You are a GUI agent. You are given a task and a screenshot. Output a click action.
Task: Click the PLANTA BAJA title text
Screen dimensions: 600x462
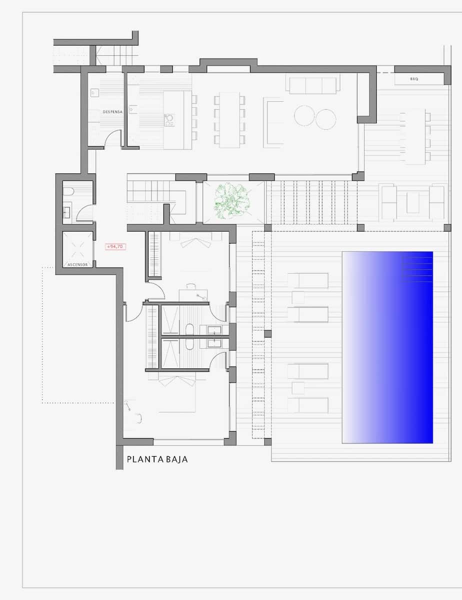click(157, 459)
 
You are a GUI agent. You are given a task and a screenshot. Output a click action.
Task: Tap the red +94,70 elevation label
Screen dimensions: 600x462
click(115, 246)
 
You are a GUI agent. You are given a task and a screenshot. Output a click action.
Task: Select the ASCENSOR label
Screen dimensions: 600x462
click(77, 264)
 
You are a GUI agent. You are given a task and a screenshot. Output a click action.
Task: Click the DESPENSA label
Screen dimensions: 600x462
click(112, 112)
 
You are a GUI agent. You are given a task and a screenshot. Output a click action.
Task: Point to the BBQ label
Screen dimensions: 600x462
click(414, 79)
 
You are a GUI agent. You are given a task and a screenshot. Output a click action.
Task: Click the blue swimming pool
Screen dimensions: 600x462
click(387, 347)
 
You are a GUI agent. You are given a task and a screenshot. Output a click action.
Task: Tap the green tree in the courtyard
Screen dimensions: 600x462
click(231, 200)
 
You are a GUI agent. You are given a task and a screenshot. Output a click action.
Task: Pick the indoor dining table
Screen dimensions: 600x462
click(229, 119)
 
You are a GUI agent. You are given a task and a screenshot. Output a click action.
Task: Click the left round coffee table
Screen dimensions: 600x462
click(304, 116)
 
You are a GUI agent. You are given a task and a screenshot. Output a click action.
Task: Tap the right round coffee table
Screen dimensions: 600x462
click(325, 119)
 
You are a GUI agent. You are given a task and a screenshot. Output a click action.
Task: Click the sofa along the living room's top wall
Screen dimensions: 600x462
click(313, 85)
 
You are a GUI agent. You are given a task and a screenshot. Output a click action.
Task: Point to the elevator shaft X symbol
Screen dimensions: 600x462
click(77, 248)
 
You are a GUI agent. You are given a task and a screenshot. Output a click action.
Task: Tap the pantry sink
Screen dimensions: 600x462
click(95, 92)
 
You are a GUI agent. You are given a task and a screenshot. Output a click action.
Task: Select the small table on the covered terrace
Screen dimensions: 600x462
click(413, 202)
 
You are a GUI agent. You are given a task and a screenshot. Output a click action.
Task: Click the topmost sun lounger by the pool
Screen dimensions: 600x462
click(308, 280)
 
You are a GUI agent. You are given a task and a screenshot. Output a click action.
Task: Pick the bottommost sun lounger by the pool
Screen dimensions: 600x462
click(308, 405)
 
